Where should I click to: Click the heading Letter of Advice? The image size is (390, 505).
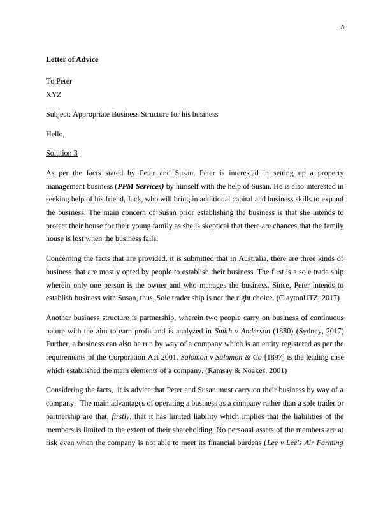tap(72, 59)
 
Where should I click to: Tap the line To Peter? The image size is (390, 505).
tap(59, 81)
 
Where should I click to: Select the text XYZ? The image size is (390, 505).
tap(54, 94)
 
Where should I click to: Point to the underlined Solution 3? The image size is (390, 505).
tap(62, 154)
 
